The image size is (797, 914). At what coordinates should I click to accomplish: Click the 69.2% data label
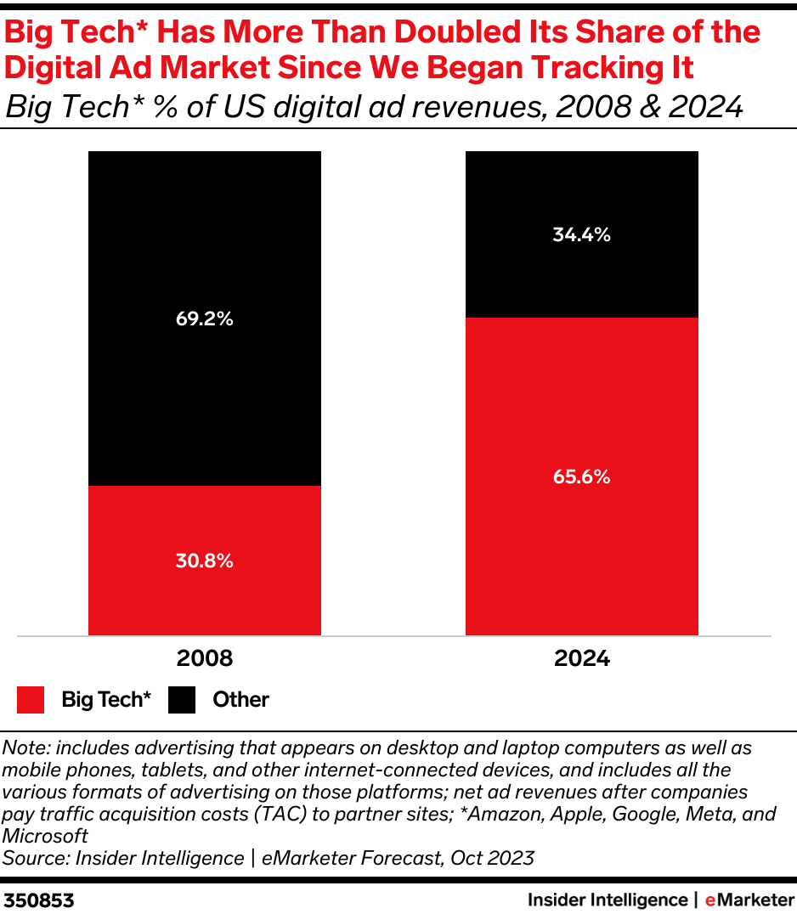[x=204, y=320]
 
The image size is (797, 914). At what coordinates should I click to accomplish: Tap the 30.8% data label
[x=204, y=561]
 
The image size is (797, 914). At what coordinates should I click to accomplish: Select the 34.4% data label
[x=581, y=235]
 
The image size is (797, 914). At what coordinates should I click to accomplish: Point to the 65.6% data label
[x=581, y=477]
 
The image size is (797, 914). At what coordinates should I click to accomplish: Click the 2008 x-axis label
[x=204, y=659]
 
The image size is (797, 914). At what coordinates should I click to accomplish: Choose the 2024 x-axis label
[x=581, y=659]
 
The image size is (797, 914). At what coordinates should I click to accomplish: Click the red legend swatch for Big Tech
[x=30, y=700]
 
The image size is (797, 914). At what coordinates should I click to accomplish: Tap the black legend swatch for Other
[x=181, y=700]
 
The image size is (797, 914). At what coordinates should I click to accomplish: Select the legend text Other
[x=240, y=700]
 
